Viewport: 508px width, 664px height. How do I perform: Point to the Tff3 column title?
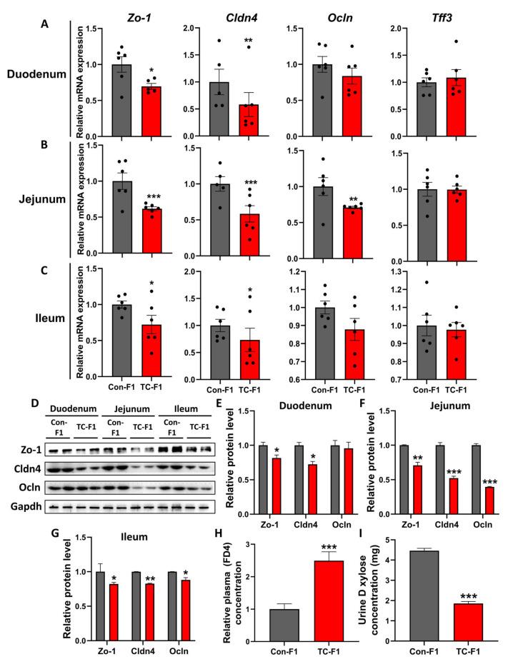coord(439,11)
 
